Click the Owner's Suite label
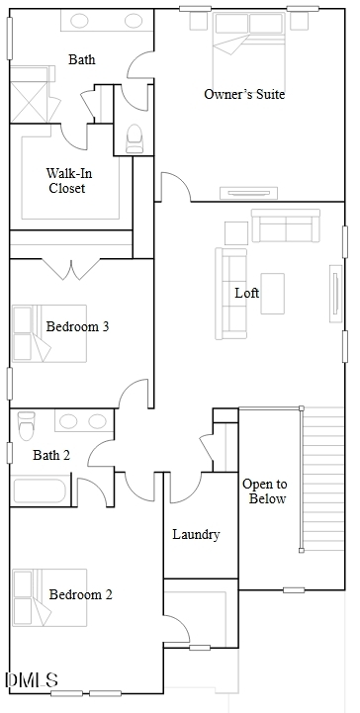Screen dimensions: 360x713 [x=244, y=94]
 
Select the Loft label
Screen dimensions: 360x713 [x=247, y=293]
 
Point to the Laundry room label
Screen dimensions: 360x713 [x=197, y=535]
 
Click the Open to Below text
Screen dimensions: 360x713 [x=264, y=491]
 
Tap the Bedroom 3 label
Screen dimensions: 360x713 [x=78, y=326]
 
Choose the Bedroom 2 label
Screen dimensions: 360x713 [x=80, y=594]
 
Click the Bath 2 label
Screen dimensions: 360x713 [x=51, y=455]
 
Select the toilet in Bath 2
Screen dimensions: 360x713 [x=27, y=424]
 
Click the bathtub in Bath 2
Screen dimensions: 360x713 [x=40, y=490]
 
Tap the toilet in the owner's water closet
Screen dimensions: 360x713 [x=135, y=138]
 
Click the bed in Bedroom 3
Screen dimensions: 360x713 [x=49, y=333]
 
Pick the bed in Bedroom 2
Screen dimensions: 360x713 [x=49, y=597]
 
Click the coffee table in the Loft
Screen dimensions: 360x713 [x=272, y=294]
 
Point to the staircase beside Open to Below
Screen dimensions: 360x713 [x=322, y=479]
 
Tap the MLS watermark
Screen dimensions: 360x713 [x=32, y=680]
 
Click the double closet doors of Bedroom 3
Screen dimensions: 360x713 [x=70, y=269]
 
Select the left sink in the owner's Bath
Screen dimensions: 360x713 [x=79, y=21]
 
